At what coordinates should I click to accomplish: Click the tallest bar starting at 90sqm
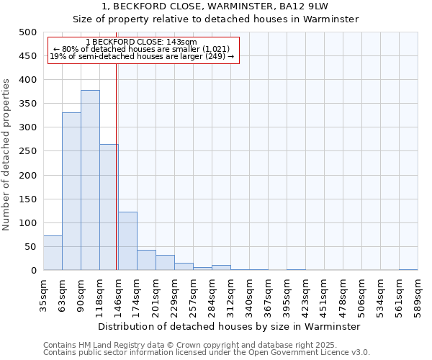[90, 180]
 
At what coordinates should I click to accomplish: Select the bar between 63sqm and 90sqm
[71, 192]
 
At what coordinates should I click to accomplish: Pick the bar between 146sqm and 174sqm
[127, 241]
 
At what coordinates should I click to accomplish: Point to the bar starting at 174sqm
[146, 260]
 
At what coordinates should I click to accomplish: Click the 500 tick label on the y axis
[28, 32]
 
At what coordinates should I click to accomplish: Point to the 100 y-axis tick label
[28, 223]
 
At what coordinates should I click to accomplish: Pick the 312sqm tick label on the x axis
[230, 293]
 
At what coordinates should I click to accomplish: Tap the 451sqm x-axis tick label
[324, 293]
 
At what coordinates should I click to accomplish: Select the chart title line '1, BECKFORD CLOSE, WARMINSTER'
[215, 6]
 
